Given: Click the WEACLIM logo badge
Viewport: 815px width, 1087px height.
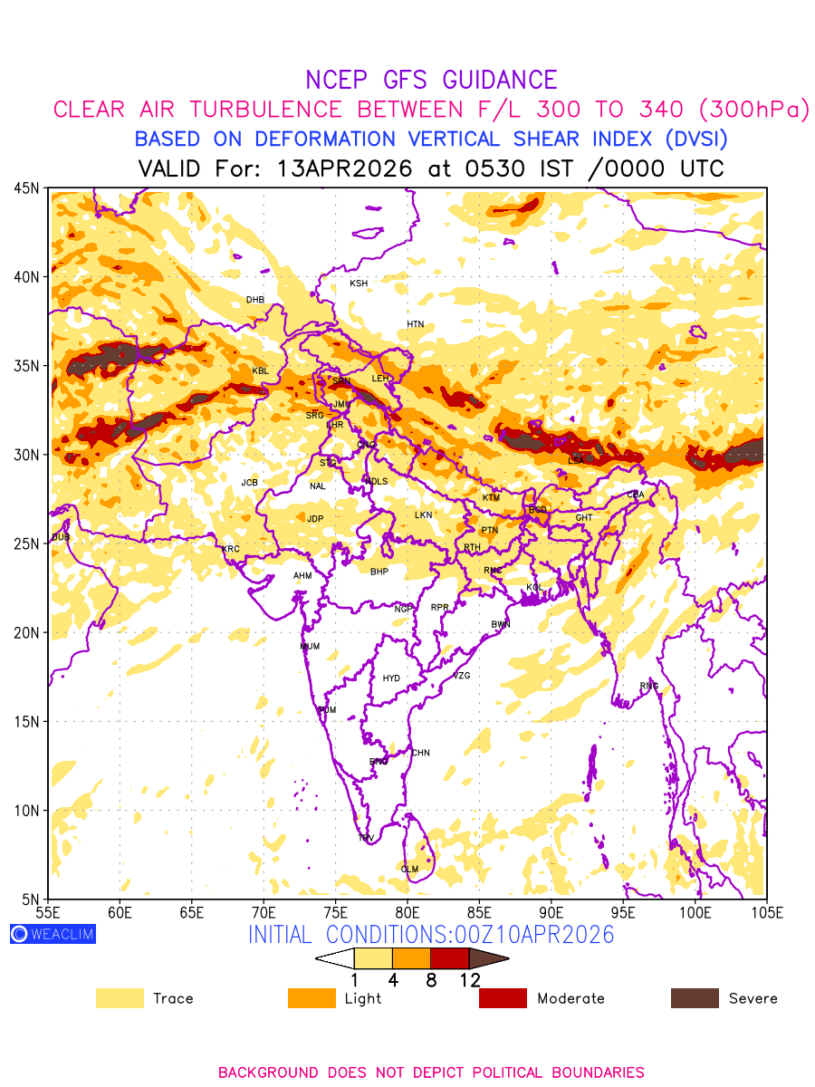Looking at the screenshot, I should tap(53, 934).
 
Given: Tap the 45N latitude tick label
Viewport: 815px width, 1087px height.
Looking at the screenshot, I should tap(26, 188).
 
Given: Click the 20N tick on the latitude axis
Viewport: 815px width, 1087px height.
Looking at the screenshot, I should tap(26, 632).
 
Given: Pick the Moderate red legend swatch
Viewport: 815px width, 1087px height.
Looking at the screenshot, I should tap(503, 998).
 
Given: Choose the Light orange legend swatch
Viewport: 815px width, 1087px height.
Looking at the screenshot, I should tap(311, 998).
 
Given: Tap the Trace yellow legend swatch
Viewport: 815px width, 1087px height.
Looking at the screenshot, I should tap(120, 998).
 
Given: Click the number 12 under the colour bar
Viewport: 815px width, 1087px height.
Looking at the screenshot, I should tap(469, 979).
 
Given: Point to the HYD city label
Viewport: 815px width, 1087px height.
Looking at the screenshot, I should tap(391, 678).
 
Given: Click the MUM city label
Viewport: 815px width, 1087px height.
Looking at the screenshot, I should tap(310, 647).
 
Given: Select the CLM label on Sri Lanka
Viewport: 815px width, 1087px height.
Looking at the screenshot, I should tap(409, 870).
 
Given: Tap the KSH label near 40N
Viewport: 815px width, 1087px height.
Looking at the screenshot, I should tap(359, 284).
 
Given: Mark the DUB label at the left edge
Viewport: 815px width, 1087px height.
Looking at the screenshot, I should tap(61, 538).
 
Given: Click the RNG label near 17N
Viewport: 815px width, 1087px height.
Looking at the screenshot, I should tap(649, 686).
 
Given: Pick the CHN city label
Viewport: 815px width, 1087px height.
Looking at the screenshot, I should tap(420, 753).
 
